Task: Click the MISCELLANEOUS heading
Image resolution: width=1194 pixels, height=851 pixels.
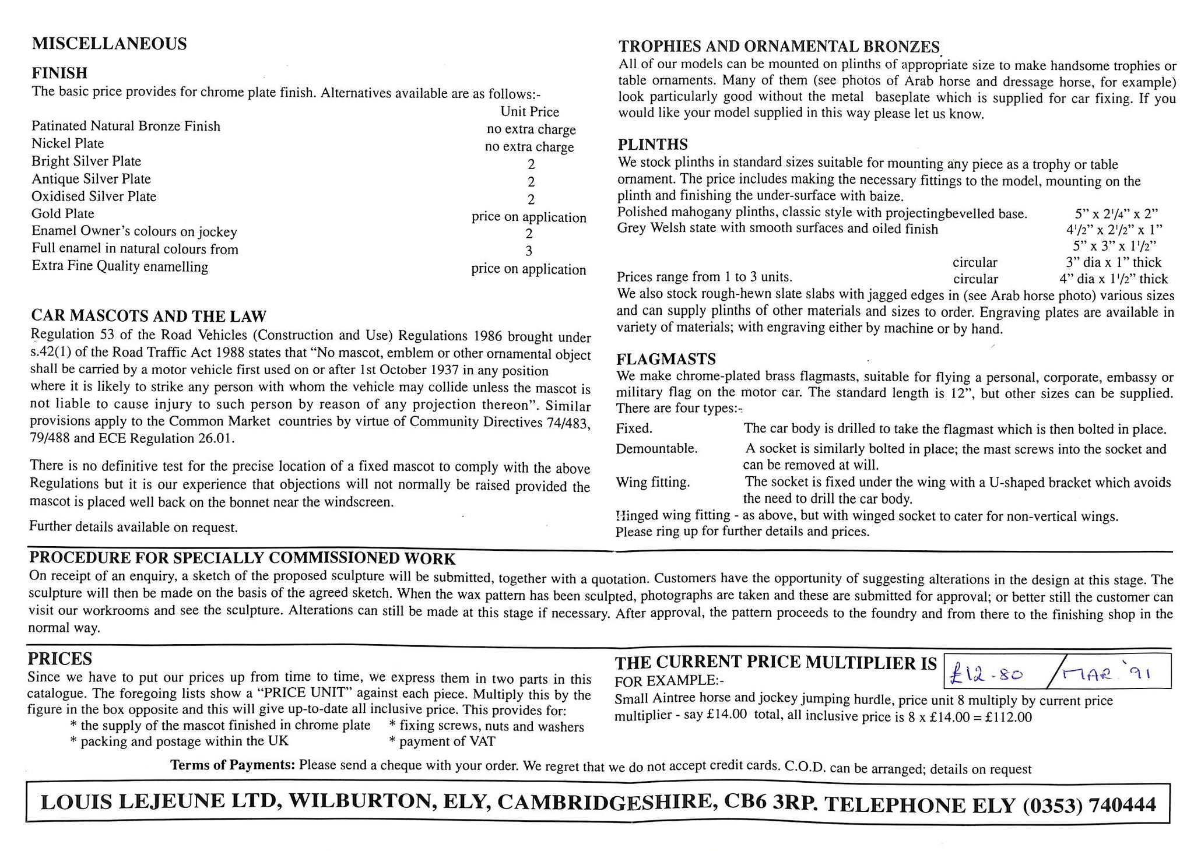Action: pyautogui.click(x=109, y=44)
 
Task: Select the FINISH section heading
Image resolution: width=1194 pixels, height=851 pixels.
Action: pyautogui.click(x=59, y=73)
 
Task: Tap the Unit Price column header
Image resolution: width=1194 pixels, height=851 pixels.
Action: pyautogui.click(x=529, y=112)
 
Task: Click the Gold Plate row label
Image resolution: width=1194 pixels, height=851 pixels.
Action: pyautogui.click(x=63, y=214)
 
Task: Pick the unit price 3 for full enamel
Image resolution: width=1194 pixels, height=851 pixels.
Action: pyautogui.click(x=529, y=251)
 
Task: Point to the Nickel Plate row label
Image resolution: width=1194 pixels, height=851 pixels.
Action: pyautogui.click(x=68, y=143)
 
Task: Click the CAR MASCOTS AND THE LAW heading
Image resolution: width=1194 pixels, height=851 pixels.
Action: pyautogui.click(x=148, y=317)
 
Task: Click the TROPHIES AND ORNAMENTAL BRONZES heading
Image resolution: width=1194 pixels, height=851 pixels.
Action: pyautogui.click(x=779, y=47)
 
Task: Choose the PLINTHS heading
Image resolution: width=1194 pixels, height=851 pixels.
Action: pyautogui.click(x=653, y=145)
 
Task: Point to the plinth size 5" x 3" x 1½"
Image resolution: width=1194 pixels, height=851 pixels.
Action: pyautogui.click(x=1114, y=246)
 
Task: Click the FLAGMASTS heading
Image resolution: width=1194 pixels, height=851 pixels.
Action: pyautogui.click(x=666, y=359)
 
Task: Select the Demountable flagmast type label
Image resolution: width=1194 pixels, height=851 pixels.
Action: pyautogui.click(x=656, y=449)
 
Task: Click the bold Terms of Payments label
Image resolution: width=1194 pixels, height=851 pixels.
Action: pyautogui.click(x=232, y=765)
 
